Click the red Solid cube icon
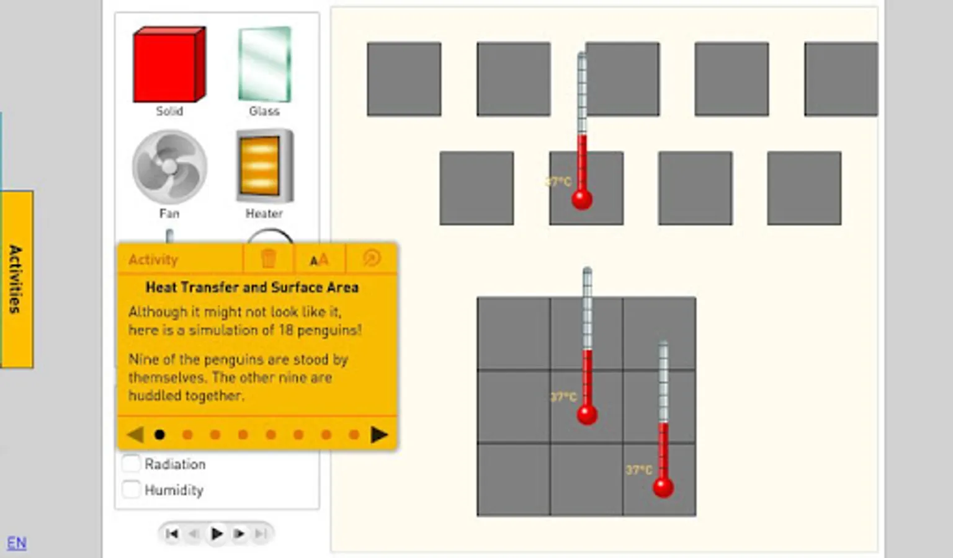pos(169,64)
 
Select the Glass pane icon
pos(265,64)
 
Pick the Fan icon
pos(169,167)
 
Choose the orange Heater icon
pos(265,166)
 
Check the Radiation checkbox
pos(131,463)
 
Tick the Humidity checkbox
pos(131,489)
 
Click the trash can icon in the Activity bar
pos(268,258)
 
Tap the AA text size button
pos(319,259)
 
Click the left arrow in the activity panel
pos(135,434)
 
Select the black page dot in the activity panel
pos(159,435)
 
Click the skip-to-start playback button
pos(172,533)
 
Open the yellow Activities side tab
pos(17,279)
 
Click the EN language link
pos(17,542)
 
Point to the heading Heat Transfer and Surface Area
pos(252,288)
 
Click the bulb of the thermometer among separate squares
pos(581,200)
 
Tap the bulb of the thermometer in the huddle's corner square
pos(663,487)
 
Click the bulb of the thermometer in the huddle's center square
pos(587,415)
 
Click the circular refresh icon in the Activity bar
pos(372,258)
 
